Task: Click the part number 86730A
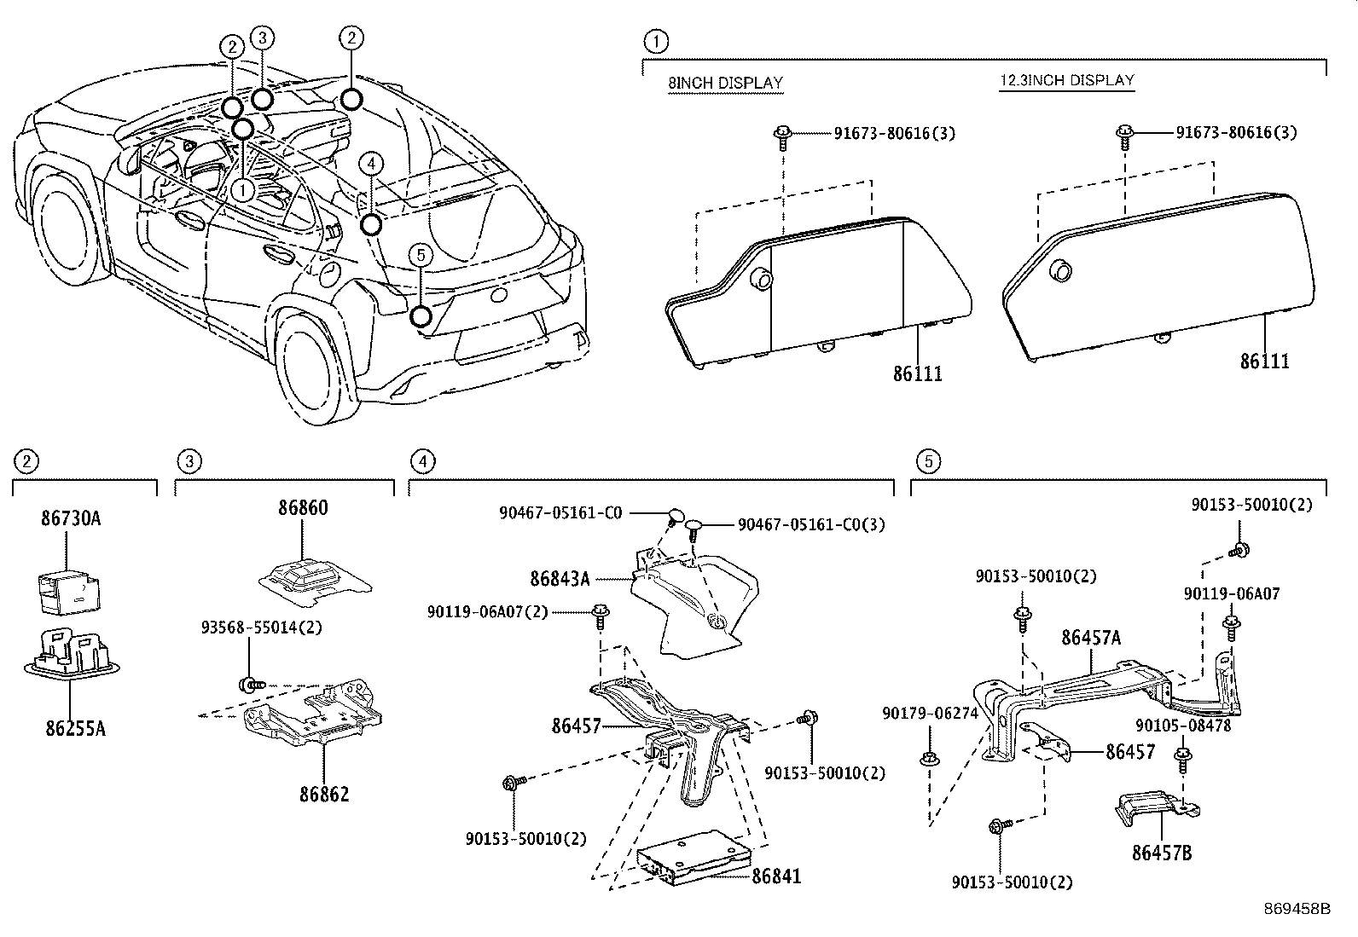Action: point(71,517)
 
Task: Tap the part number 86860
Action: point(302,508)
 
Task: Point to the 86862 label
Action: point(324,795)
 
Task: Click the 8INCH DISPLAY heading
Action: point(725,83)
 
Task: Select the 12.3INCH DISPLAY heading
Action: point(1067,81)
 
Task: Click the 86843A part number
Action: point(560,579)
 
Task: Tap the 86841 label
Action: point(775,876)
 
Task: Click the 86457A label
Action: point(1091,638)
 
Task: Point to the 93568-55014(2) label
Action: point(250,627)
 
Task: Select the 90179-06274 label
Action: point(929,714)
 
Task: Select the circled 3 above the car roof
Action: point(262,38)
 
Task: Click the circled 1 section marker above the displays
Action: point(656,40)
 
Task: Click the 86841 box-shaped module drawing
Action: point(694,858)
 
